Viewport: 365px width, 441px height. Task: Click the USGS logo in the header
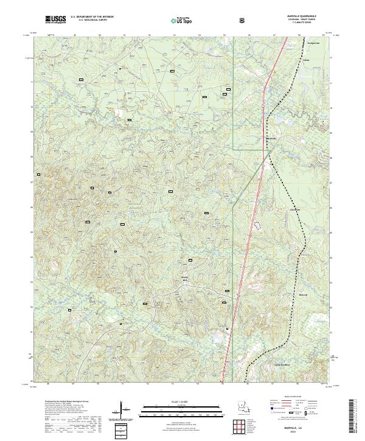pyautogui.click(x=55, y=19)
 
